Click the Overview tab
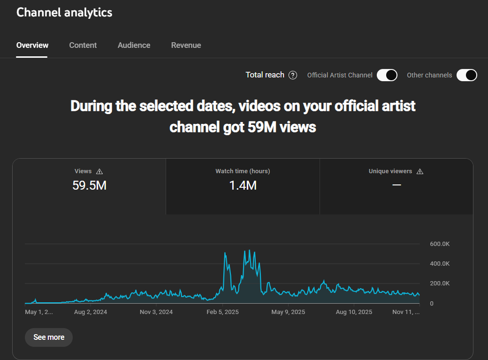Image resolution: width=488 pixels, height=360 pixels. [x=32, y=46]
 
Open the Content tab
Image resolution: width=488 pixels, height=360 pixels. [x=83, y=46]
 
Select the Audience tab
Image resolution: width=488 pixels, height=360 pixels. [x=134, y=46]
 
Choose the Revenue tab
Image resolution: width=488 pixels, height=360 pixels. [x=186, y=46]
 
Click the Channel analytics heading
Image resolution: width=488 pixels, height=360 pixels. [x=64, y=12]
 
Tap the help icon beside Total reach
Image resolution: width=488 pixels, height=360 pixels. [x=293, y=75]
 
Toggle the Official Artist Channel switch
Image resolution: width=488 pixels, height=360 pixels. [x=387, y=75]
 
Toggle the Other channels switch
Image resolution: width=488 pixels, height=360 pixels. [x=466, y=75]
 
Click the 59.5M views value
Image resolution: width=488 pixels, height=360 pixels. [x=89, y=185]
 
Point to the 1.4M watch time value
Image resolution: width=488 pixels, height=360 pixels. [x=243, y=185]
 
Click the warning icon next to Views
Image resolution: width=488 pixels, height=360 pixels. [x=99, y=172]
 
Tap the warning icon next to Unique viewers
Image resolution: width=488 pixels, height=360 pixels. [x=419, y=172]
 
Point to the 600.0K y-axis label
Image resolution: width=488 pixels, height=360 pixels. [x=440, y=244]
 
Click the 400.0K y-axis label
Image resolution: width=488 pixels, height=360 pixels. [x=440, y=264]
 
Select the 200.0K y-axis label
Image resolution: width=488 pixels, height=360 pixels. [x=440, y=283]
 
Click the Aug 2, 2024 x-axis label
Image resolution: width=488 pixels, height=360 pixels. [x=91, y=312]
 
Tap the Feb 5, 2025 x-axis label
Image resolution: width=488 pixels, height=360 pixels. [x=223, y=312]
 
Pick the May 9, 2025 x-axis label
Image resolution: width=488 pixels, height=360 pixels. [x=289, y=312]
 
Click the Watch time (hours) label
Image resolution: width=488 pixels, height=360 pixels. [x=243, y=171]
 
